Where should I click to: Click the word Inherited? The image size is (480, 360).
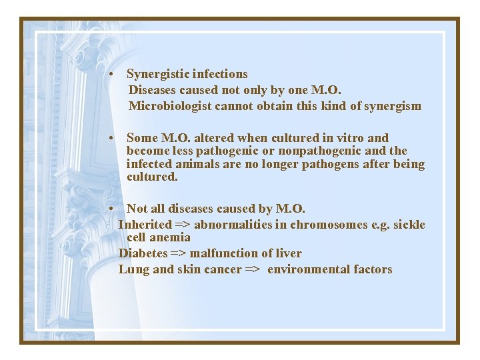point(145,225)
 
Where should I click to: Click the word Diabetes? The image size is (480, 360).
point(143,253)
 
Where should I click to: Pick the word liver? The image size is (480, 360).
point(287,253)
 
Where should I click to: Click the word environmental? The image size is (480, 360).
point(309,269)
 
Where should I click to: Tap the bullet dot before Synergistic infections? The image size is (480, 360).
point(115,74)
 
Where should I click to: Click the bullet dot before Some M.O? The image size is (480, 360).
point(115,138)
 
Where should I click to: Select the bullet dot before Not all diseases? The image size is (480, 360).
point(115,209)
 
